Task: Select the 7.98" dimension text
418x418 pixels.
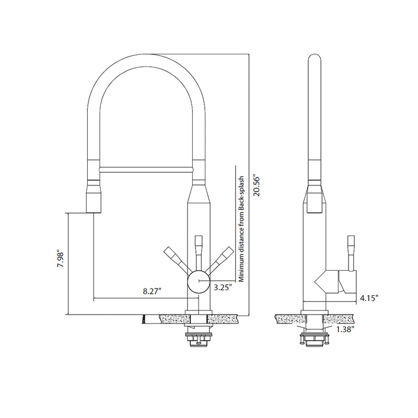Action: click(x=61, y=259)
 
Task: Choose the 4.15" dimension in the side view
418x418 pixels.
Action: click(x=368, y=298)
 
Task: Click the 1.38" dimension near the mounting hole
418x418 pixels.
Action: click(x=345, y=329)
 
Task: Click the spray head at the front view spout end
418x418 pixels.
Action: click(x=92, y=196)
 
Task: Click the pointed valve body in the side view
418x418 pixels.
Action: click(x=327, y=282)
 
